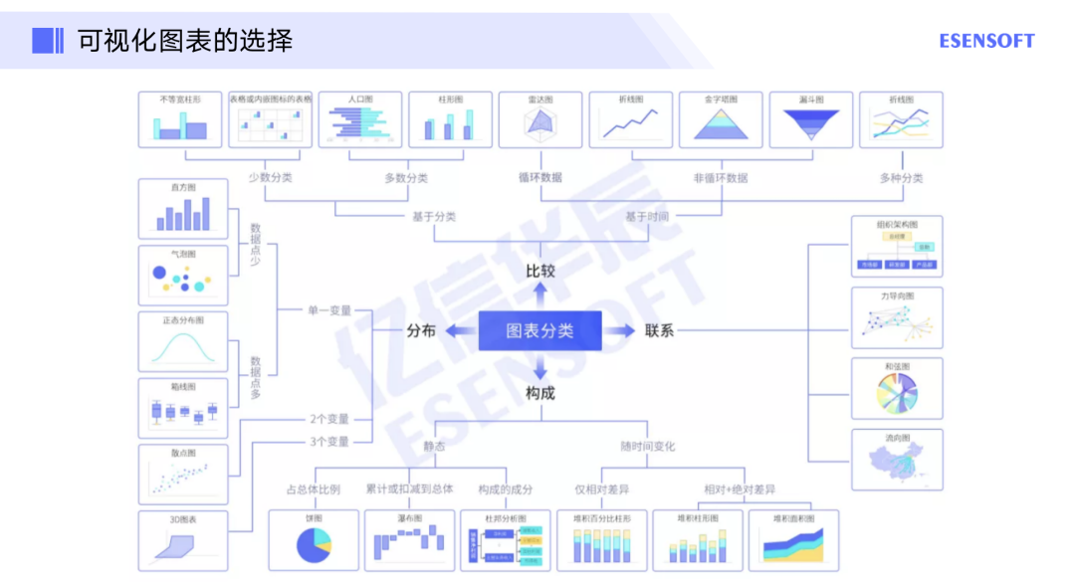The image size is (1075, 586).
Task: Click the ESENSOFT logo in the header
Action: click(x=986, y=41)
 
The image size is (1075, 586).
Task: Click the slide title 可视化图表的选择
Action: click(x=185, y=41)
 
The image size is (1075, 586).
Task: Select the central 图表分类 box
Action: click(x=539, y=330)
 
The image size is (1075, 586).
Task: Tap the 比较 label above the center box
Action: click(x=540, y=271)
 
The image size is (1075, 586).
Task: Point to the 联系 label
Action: click(x=659, y=330)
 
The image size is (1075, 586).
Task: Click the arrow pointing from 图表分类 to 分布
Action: click(x=459, y=330)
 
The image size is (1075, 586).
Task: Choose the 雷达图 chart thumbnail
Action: click(x=539, y=120)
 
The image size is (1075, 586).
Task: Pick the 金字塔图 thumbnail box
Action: click(x=721, y=120)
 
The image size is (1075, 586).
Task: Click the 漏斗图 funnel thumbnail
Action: click(x=810, y=120)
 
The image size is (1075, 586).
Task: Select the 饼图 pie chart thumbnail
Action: click(x=314, y=540)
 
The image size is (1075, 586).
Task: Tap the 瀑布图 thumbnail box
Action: click(x=409, y=540)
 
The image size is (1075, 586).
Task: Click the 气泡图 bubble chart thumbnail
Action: click(x=182, y=275)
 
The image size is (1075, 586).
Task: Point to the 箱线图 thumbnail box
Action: click(x=182, y=408)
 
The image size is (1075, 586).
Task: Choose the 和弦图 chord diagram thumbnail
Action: click(x=896, y=389)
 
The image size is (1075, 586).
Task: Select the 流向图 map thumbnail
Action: click(x=896, y=460)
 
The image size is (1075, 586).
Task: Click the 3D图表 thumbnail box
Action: click(x=182, y=540)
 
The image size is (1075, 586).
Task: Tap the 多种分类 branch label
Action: click(x=901, y=178)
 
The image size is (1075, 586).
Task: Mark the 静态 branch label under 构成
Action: click(x=434, y=446)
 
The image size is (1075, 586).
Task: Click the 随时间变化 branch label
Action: click(x=647, y=446)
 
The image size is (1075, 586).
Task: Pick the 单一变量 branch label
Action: click(x=328, y=310)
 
